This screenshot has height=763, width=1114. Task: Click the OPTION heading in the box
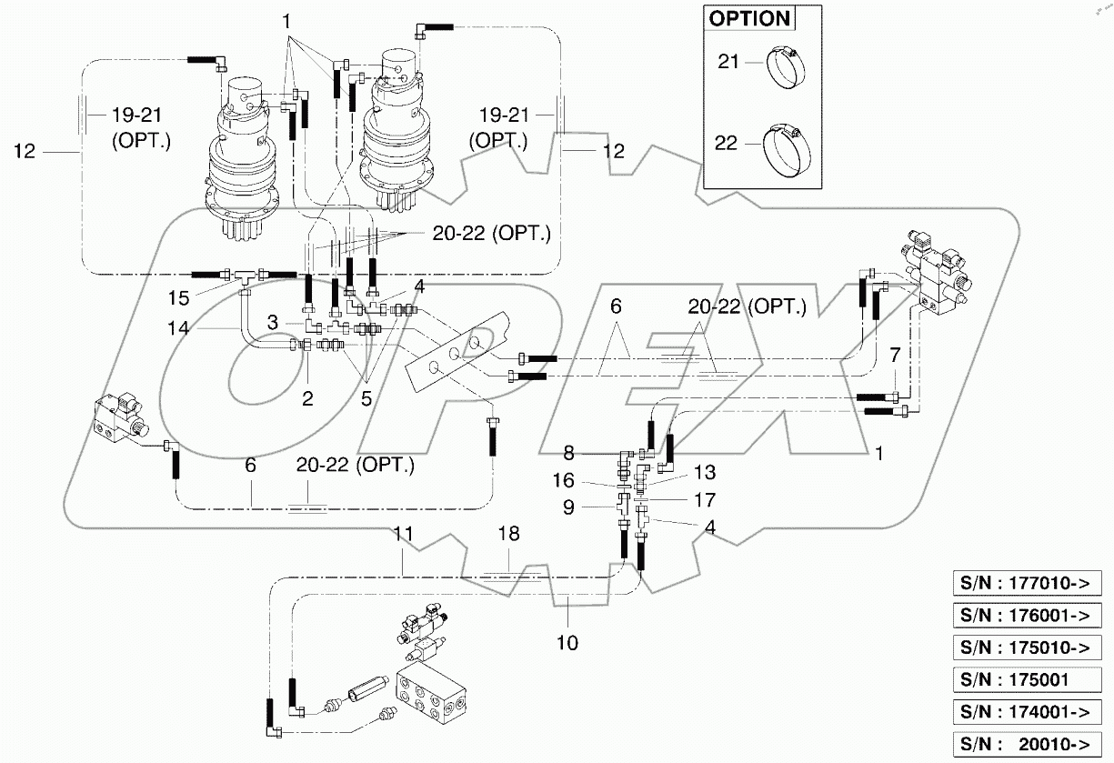tap(749, 19)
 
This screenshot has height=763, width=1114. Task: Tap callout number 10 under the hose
tap(567, 642)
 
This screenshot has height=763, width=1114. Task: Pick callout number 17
tap(704, 499)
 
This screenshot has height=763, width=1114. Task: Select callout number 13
tap(704, 472)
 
